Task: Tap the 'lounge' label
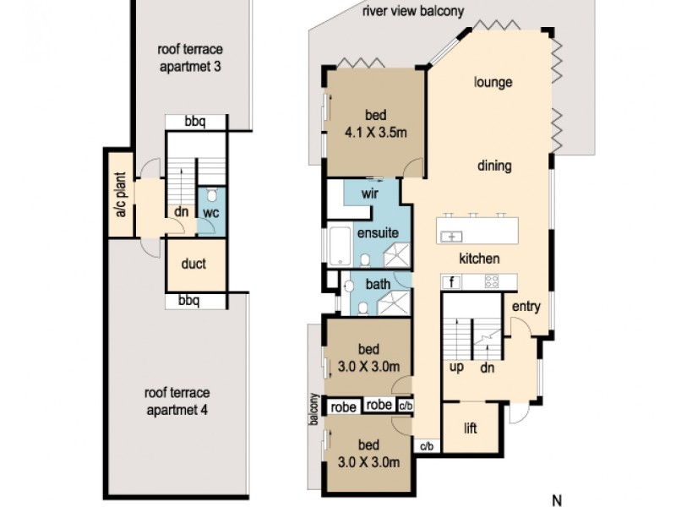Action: pos(493,83)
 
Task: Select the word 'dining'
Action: pos(493,166)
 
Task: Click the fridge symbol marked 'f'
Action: pos(452,282)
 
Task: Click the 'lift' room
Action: pos(471,428)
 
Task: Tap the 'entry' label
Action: pos(526,307)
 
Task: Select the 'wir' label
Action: pos(368,193)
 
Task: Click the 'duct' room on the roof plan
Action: pos(194,264)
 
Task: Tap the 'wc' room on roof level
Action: pos(210,213)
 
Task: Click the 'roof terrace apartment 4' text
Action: pos(177,401)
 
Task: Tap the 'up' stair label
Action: pos(455,368)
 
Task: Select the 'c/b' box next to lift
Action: pos(427,446)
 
